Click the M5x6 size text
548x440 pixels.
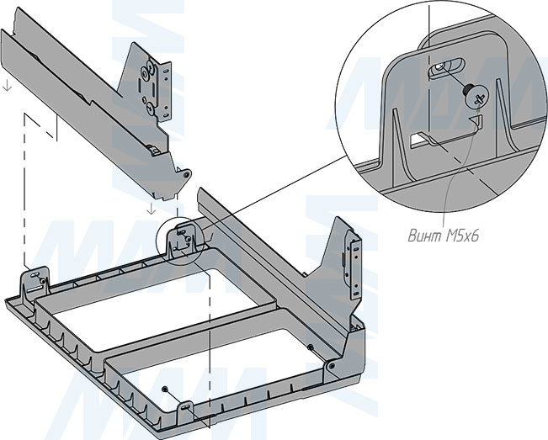(462, 236)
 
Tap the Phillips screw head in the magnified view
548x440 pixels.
(477, 97)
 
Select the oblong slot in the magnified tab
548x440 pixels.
(447, 66)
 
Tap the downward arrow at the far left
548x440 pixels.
(8, 86)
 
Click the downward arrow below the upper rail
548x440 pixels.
(151, 209)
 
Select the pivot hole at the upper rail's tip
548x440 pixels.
(187, 173)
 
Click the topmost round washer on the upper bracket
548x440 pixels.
(144, 72)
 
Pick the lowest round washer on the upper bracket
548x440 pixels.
(150, 108)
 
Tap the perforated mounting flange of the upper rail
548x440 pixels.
(165, 92)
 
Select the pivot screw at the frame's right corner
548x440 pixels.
(332, 366)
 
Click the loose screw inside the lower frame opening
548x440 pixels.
(164, 389)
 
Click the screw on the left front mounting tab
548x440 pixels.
(43, 281)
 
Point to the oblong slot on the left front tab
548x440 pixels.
(35, 275)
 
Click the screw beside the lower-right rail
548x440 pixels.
(310, 347)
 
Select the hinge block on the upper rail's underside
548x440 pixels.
(154, 150)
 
